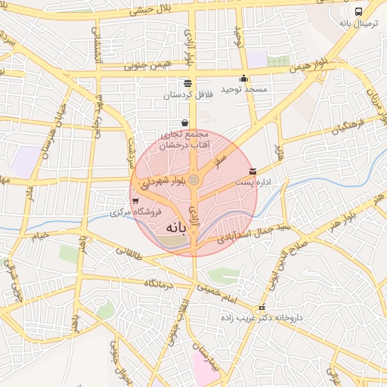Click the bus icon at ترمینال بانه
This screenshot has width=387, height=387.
tap(358, 12)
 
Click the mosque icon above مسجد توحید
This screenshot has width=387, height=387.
tap(243, 78)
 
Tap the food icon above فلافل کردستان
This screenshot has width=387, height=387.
tap(187, 83)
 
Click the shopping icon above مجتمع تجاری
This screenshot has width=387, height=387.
tap(185, 122)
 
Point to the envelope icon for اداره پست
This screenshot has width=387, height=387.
tap(252, 172)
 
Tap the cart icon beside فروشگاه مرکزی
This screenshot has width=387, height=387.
tap(135, 201)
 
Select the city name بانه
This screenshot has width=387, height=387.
tap(172, 227)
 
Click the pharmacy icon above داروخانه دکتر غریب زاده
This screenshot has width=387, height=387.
tap(262, 308)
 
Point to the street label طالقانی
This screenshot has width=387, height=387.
tap(133, 259)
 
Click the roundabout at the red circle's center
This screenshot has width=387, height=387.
tap(194, 180)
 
